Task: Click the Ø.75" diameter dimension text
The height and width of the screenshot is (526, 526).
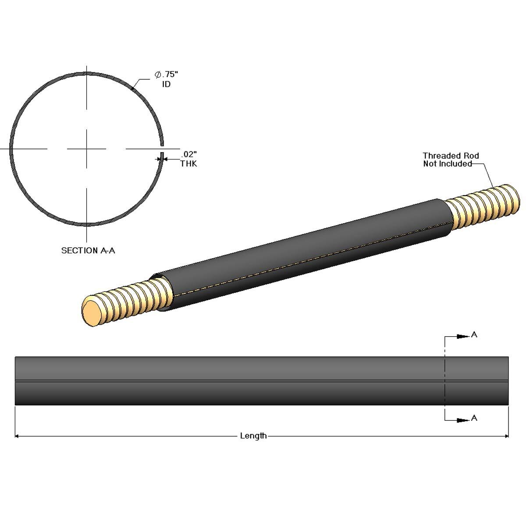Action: [x=166, y=75]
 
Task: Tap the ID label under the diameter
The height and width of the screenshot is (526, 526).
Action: [x=166, y=84]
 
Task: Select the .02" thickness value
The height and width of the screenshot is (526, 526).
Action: [x=188, y=154]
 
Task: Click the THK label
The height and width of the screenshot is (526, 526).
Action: [x=188, y=164]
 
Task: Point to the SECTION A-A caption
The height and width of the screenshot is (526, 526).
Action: [x=88, y=250]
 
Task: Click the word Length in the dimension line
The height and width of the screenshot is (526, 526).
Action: [x=253, y=436]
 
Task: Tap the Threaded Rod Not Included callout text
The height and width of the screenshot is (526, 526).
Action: [x=451, y=160]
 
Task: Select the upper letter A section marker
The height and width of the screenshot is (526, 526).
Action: [x=474, y=334]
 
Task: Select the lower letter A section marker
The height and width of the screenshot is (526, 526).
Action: [x=474, y=418]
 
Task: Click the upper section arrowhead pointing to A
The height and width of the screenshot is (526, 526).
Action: [x=462, y=336]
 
